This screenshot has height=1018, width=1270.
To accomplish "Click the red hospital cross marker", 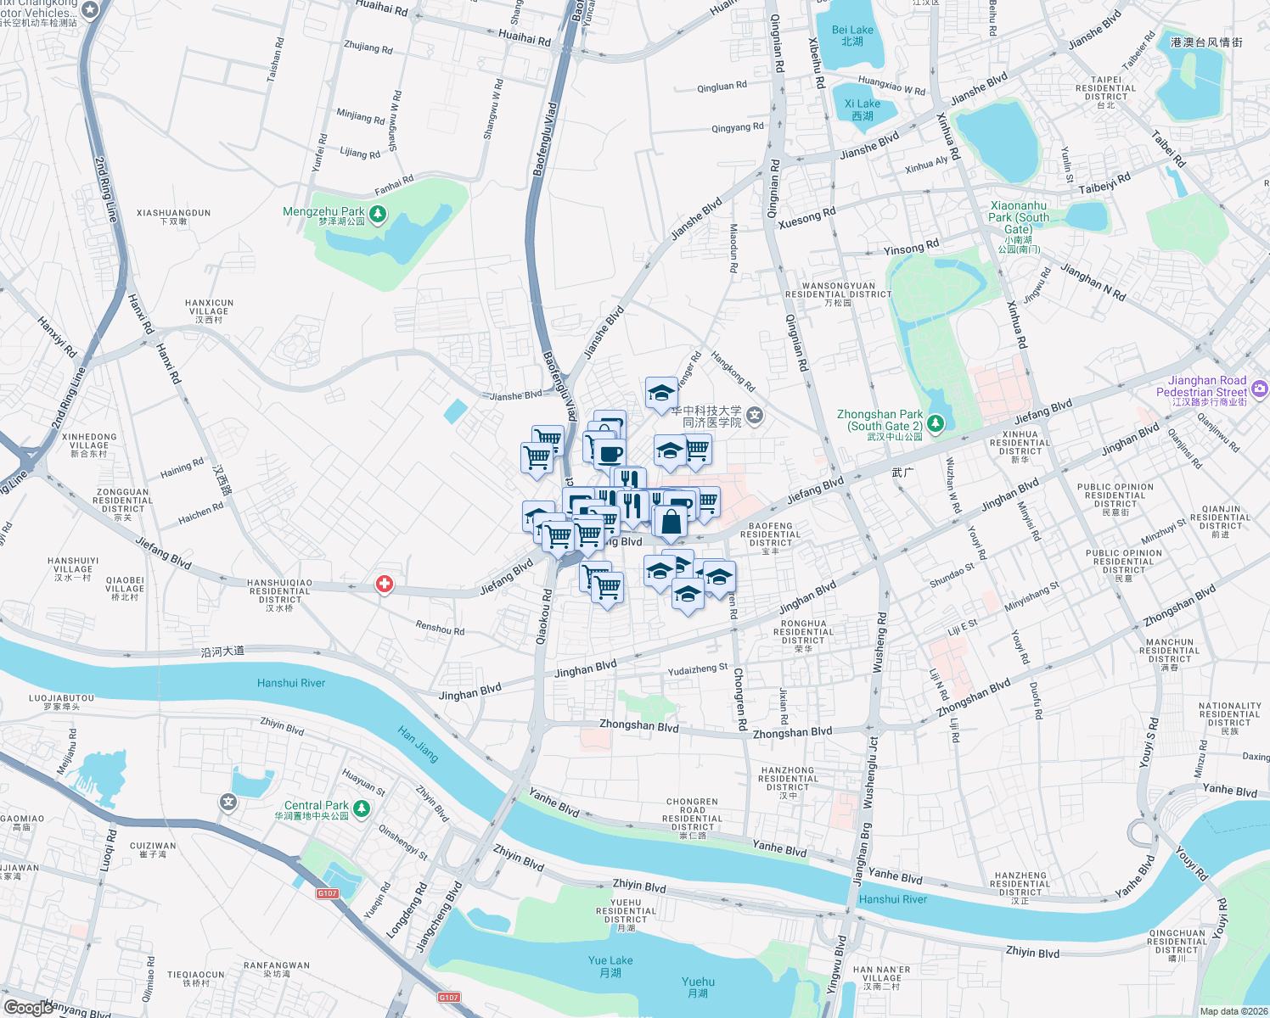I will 385,584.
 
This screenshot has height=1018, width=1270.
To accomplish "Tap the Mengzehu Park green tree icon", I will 378,214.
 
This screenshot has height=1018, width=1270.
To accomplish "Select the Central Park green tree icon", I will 362,808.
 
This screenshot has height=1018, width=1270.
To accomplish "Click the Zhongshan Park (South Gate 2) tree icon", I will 936,422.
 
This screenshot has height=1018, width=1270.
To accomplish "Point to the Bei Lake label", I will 852,36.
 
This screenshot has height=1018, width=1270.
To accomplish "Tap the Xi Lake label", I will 863,109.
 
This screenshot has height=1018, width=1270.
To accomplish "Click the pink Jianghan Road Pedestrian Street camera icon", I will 1259,388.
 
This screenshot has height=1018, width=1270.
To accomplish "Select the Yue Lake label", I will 610,966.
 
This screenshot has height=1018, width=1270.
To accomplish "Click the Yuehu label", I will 698,987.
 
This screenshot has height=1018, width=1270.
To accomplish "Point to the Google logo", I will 28,1007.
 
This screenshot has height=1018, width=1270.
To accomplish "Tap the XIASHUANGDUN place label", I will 173,217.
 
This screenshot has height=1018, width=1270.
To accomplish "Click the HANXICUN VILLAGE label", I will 209,310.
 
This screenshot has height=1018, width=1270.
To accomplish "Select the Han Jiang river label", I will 419,744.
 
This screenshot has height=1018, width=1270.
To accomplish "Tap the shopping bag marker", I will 671,523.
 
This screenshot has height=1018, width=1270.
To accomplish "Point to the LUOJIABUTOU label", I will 61,702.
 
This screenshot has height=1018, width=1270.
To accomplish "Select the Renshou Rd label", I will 440,629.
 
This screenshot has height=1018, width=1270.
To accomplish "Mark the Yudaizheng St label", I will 698,670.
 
